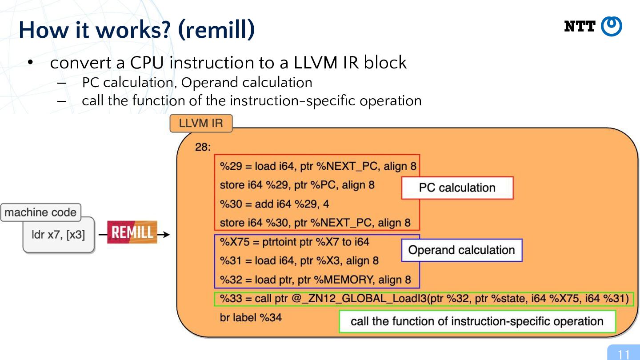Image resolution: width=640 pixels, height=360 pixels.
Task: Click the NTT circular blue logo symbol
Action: [x=612, y=26]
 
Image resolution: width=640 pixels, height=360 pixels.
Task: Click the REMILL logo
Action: [x=132, y=232]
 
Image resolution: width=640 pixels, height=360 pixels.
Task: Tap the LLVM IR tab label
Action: [x=201, y=123]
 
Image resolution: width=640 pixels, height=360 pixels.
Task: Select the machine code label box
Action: [x=40, y=212]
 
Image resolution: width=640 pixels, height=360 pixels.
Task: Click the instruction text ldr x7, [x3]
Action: [x=58, y=235]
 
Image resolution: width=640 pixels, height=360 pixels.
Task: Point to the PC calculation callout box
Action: [x=457, y=188]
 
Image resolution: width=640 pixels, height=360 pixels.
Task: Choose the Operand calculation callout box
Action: [x=462, y=250]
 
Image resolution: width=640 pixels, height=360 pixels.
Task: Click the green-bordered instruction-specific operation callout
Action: [x=477, y=321]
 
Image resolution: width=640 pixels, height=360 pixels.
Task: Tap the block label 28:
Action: [x=203, y=147]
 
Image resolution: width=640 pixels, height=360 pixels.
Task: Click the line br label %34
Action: [x=251, y=317]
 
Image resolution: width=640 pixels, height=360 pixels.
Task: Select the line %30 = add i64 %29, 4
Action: [x=274, y=204]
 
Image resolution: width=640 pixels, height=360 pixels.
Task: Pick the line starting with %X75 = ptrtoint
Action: [x=294, y=242]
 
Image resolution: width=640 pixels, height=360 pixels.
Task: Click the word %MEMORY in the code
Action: [x=344, y=280]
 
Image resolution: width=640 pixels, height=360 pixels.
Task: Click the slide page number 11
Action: [x=624, y=354]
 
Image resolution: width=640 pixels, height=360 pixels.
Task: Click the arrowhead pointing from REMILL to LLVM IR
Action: [x=166, y=235]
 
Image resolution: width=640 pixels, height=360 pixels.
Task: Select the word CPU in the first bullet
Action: [x=147, y=63]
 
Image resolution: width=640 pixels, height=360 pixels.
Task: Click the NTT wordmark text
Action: [x=580, y=27]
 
